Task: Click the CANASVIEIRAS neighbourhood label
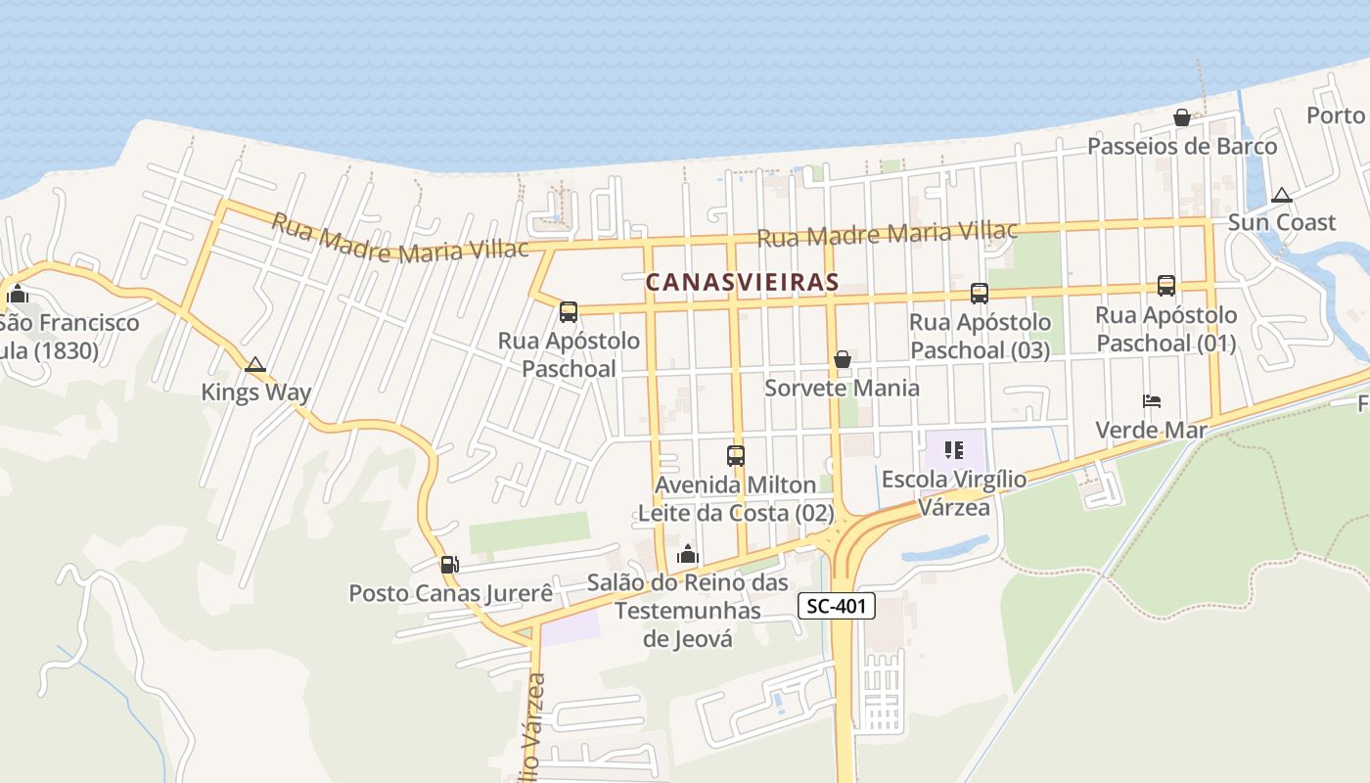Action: pyautogui.click(x=742, y=282)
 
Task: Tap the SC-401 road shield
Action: pyautogui.click(x=837, y=606)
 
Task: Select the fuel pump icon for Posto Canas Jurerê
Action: pyautogui.click(x=449, y=564)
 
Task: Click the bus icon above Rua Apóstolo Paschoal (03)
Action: pyautogui.click(x=979, y=293)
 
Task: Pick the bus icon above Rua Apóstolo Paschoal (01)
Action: pyautogui.click(x=1165, y=286)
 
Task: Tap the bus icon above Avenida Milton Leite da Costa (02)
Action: pyautogui.click(x=736, y=455)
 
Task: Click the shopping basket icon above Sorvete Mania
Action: pyautogui.click(x=842, y=359)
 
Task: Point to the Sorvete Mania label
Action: pyautogui.click(x=842, y=388)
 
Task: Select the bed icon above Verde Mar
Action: pyautogui.click(x=1152, y=401)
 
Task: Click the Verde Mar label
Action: pyautogui.click(x=1151, y=430)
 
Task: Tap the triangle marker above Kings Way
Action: pyautogui.click(x=255, y=365)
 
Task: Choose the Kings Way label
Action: pyautogui.click(x=256, y=392)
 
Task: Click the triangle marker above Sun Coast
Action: pyautogui.click(x=1282, y=195)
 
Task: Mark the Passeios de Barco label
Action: pyautogui.click(x=1183, y=147)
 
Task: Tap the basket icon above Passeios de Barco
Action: pyautogui.click(x=1182, y=118)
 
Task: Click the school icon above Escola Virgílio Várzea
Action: pyautogui.click(x=954, y=451)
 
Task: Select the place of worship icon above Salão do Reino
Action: pyautogui.click(x=688, y=555)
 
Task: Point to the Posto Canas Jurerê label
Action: pyautogui.click(x=451, y=593)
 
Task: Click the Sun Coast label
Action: pyautogui.click(x=1282, y=222)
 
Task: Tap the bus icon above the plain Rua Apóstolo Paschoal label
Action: pyautogui.click(x=569, y=312)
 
